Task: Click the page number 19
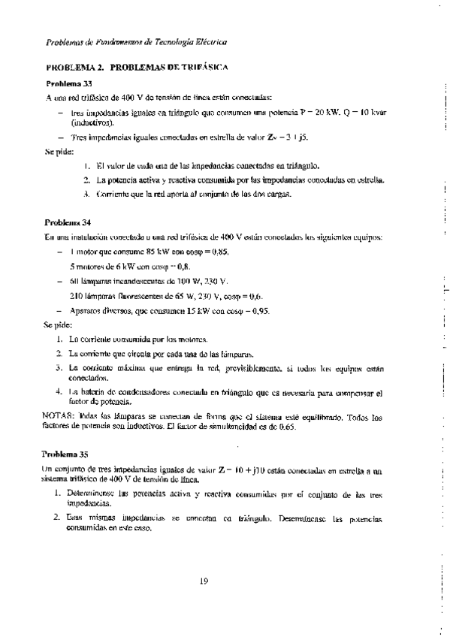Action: pyautogui.click(x=204, y=578)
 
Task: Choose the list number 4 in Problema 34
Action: pyautogui.click(x=59, y=392)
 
